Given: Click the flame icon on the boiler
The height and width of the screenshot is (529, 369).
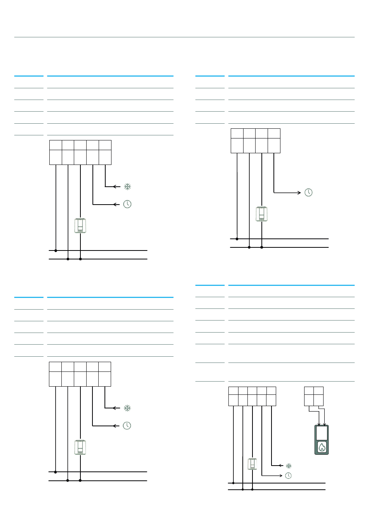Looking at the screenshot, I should coord(322,447).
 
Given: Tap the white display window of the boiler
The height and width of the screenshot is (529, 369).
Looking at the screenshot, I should coord(322,433).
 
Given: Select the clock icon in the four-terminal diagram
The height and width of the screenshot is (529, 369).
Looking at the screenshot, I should coord(308,193).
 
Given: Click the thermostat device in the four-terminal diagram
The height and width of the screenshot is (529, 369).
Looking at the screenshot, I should coord(261,214).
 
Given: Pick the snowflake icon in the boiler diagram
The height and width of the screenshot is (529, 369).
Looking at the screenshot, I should coord(289,466).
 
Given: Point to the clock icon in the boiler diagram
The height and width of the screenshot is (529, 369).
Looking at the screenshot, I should coord(288,475).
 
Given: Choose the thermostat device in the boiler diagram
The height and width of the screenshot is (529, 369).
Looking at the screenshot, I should coord(252,464).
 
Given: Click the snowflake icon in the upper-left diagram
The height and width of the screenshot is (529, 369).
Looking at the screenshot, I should coord(127,187).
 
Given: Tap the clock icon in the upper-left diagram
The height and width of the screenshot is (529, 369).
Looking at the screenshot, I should coord(127,204).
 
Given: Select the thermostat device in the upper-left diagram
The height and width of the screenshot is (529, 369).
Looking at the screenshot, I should coord(80,226).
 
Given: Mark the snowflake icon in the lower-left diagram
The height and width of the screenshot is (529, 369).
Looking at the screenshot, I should coord(127,408).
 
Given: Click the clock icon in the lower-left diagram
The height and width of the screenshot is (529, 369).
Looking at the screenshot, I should coord(127,426).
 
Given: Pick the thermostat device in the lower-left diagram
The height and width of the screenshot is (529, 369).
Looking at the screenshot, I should coord(80,447).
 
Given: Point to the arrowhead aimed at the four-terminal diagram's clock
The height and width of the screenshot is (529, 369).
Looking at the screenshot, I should coord(299,193).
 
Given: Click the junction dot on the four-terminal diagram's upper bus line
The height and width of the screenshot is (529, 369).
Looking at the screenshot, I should coord(237,239).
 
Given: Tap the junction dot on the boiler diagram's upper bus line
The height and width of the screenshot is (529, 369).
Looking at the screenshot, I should coord(233,483).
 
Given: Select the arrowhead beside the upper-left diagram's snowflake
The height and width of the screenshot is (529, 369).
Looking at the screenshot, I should coord(115,187).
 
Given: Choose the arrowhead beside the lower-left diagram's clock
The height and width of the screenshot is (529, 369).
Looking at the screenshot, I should coord(115,426).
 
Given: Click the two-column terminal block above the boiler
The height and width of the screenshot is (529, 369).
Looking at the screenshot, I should coord(314,396).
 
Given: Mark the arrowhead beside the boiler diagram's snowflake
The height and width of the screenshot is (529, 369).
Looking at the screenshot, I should coord(280,466).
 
